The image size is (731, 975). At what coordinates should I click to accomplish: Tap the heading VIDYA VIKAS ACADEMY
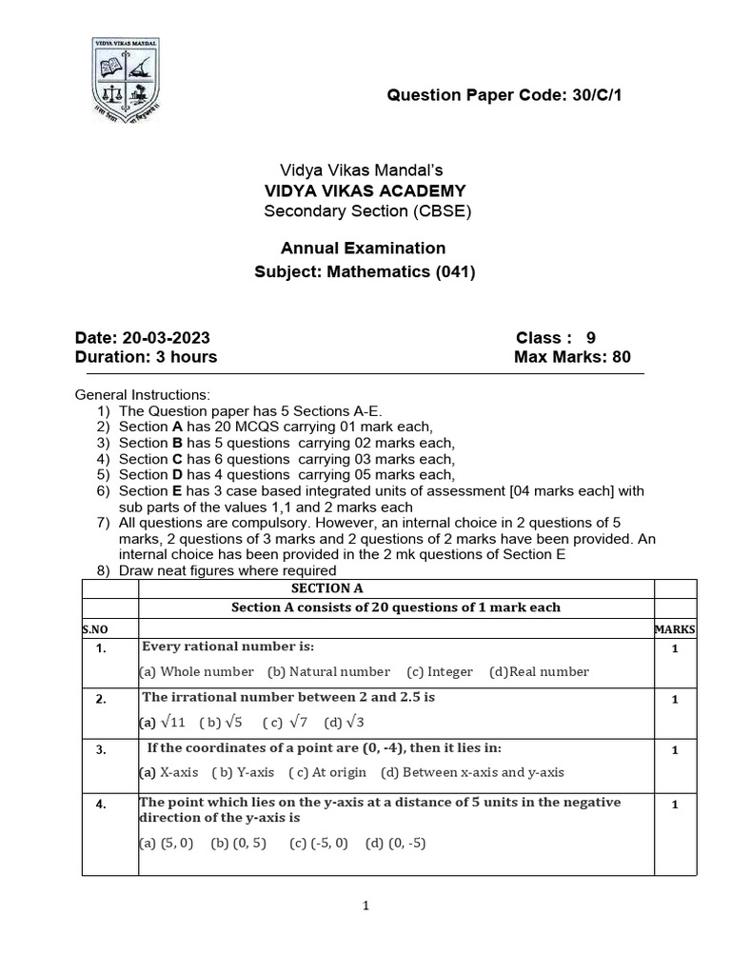(x=365, y=190)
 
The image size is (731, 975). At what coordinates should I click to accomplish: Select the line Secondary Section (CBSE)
(x=366, y=210)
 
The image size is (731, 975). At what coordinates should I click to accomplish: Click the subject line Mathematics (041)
(x=365, y=272)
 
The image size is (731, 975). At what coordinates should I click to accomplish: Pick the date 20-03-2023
(x=143, y=338)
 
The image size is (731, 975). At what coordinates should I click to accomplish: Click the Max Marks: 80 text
(x=571, y=357)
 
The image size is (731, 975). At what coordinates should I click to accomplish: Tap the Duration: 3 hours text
(x=146, y=357)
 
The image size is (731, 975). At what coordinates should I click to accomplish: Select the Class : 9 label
(x=556, y=338)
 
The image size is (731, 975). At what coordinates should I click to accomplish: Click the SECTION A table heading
(x=326, y=588)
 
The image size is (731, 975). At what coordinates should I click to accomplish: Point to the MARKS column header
(x=675, y=629)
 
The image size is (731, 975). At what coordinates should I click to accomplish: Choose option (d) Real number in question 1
(x=539, y=671)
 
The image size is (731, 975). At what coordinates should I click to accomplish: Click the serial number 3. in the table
(x=101, y=750)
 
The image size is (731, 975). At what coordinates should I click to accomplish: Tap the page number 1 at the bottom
(x=365, y=906)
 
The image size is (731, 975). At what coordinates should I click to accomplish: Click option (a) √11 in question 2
(x=165, y=723)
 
